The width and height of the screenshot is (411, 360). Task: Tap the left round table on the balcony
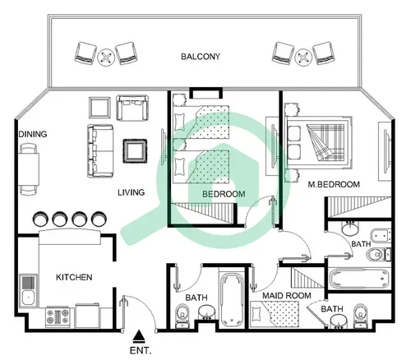[x=104, y=57]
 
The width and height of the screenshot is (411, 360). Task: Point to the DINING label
[x=34, y=134]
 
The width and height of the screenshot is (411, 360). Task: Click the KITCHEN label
[x=73, y=277]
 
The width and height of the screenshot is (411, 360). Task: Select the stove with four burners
[x=58, y=315]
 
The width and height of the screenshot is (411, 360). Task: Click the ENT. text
[x=140, y=349]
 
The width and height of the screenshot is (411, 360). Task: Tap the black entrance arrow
[x=140, y=335]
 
